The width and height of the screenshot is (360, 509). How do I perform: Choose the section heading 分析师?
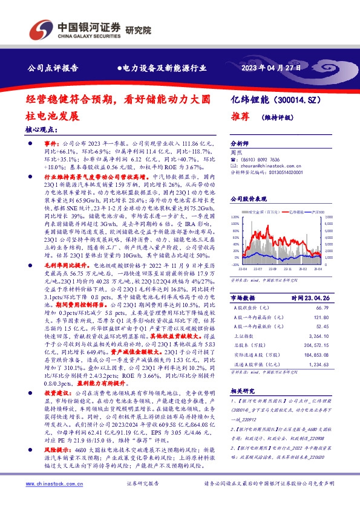pyautogui.click(x=240, y=144)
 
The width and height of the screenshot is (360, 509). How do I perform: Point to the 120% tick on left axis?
pyautogui.click(x=235, y=216)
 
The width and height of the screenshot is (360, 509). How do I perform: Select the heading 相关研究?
pyautogui.click(x=243, y=391)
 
